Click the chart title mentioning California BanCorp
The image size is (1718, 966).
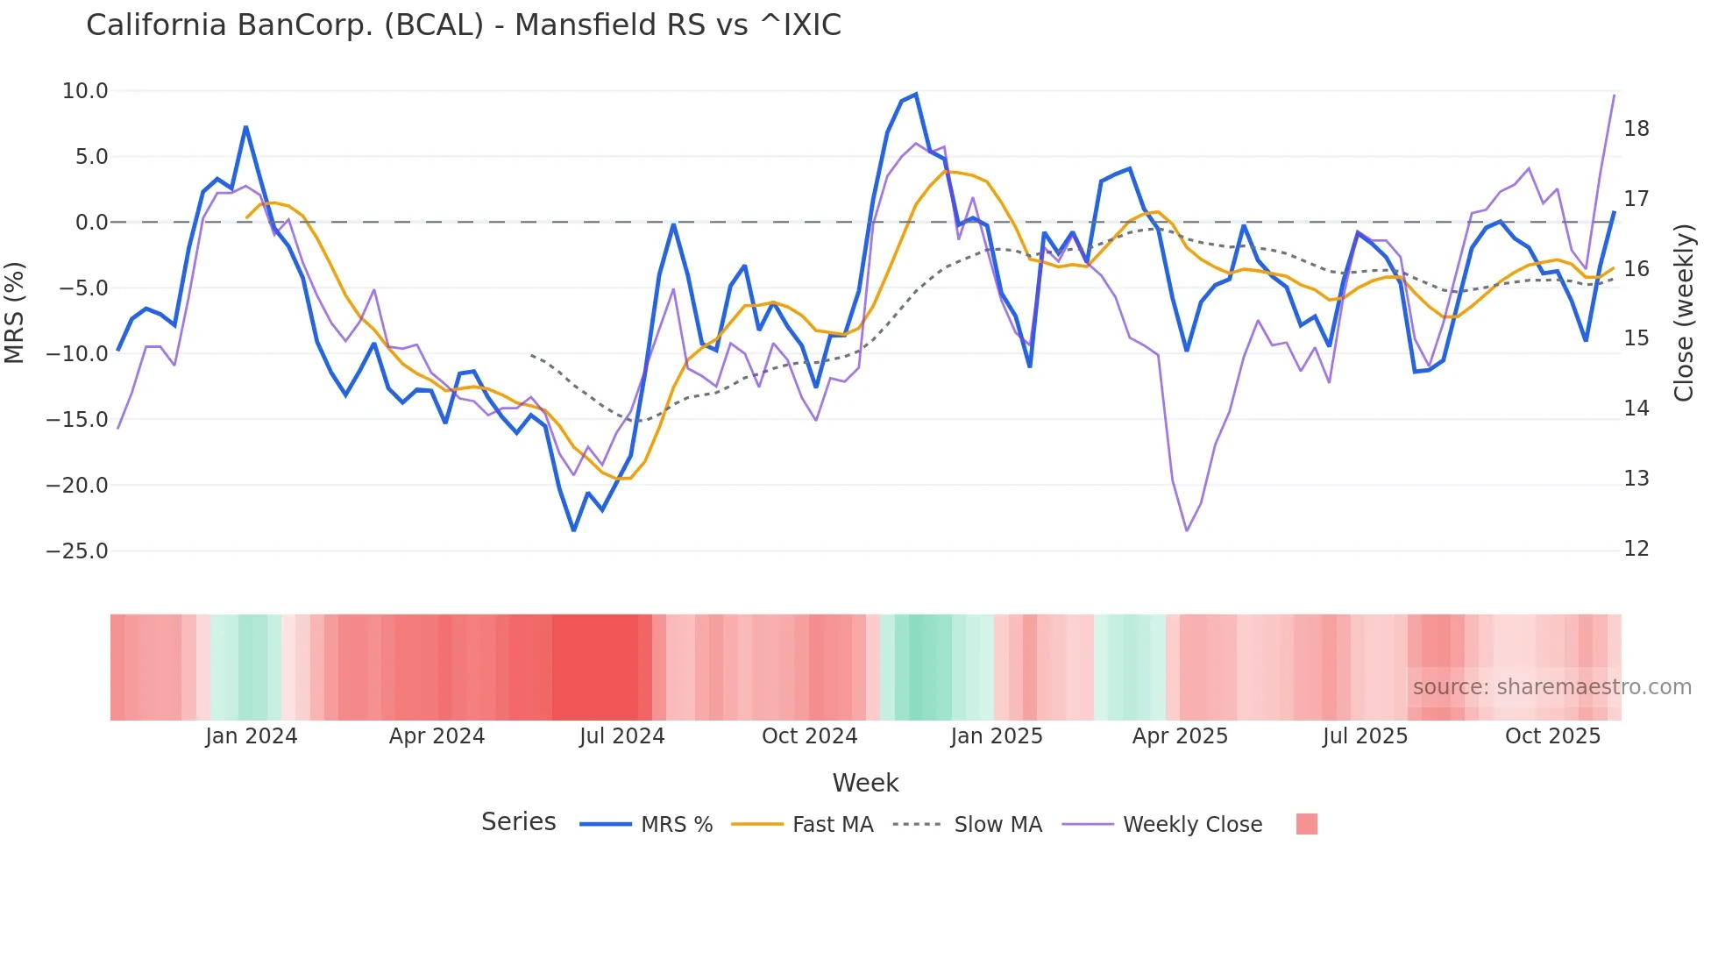click(x=463, y=25)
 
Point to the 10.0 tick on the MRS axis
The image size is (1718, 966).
click(x=85, y=91)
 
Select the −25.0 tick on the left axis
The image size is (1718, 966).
click(x=77, y=551)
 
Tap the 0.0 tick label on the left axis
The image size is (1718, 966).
click(x=91, y=223)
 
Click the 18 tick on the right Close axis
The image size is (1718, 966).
click(x=1636, y=129)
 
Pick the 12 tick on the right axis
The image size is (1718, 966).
click(x=1636, y=549)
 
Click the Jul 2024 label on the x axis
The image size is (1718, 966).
click(x=621, y=736)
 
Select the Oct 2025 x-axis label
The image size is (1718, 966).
click(x=1552, y=736)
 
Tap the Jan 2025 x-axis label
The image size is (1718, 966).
click(x=996, y=736)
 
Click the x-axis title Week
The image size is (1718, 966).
click(x=865, y=783)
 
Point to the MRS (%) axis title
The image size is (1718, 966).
click(x=15, y=312)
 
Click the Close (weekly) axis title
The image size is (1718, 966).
click(x=1683, y=312)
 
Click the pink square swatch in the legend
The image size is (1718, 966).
click(x=1306, y=824)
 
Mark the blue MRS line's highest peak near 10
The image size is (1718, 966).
click(x=916, y=94)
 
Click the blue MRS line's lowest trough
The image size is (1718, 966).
click(x=573, y=530)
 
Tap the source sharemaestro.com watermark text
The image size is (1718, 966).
click(x=1551, y=687)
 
